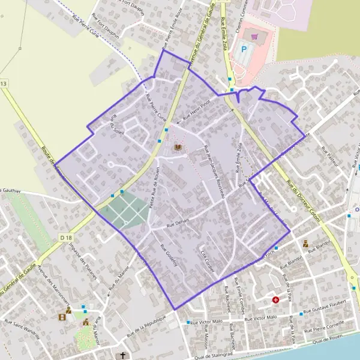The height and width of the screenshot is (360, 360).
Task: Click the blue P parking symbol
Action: pyautogui.click(x=244, y=49)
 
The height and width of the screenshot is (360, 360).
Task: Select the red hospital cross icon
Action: pyautogui.click(x=275, y=299)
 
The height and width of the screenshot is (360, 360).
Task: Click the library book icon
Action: pyautogui.click(x=177, y=147)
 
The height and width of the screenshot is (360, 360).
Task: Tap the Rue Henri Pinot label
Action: pyautogui.click(x=197, y=110)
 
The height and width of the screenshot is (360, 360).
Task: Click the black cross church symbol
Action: pyautogui.click(x=124, y=355)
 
